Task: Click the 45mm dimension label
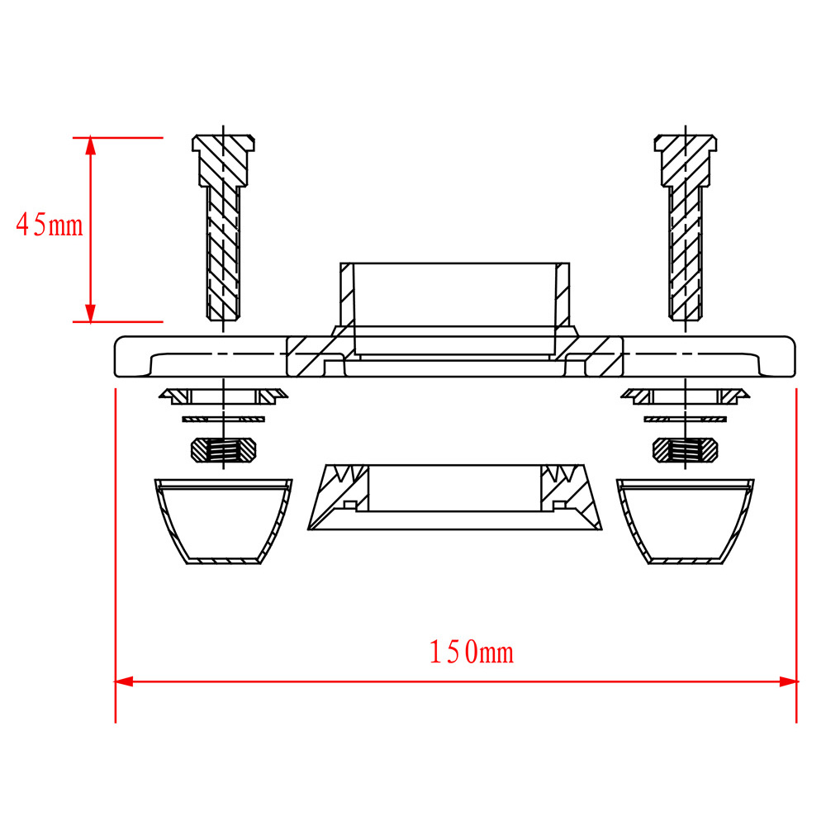pyautogui.click(x=50, y=225)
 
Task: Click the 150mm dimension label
pyautogui.click(x=472, y=652)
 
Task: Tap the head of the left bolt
pyautogui.click(x=223, y=161)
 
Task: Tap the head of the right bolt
pyautogui.click(x=686, y=161)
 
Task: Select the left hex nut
pyautogui.click(x=223, y=450)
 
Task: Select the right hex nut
pyautogui.click(x=686, y=450)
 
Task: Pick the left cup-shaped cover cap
pyautogui.click(x=223, y=521)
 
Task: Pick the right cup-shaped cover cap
pyautogui.click(x=686, y=521)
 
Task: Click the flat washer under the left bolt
pyautogui.click(x=223, y=420)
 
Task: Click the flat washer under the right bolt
pyautogui.click(x=686, y=420)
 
